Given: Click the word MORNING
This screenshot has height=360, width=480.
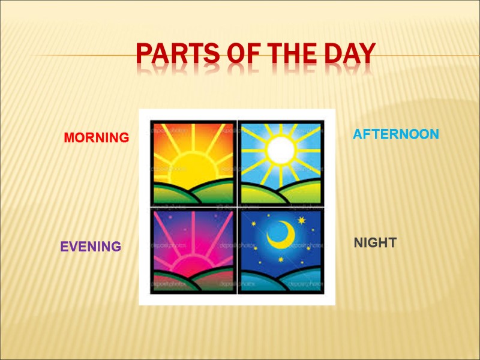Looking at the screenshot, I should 96,137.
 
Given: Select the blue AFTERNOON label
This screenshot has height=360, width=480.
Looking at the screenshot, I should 395,134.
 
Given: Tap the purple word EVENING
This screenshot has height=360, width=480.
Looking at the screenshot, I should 91,247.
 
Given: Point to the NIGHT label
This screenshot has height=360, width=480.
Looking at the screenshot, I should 374,242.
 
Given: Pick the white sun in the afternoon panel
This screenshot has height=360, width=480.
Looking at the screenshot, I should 280,150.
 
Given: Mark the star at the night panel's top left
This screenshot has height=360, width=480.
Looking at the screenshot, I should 253,224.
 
